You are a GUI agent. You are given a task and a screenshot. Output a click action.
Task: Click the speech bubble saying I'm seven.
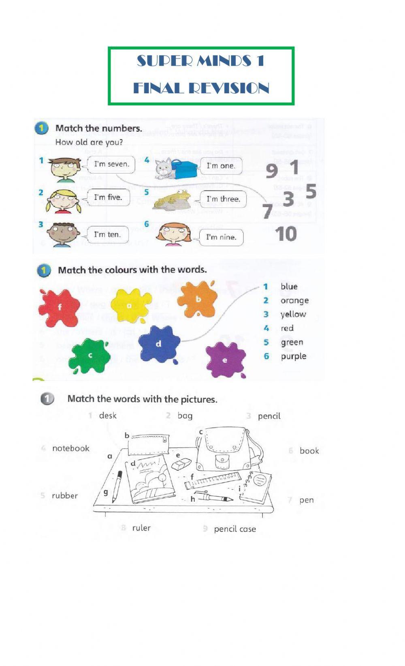coord(111,164)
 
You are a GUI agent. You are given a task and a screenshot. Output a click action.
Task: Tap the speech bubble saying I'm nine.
coord(221,237)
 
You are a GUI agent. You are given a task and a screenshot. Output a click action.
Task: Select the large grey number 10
coord(286,234)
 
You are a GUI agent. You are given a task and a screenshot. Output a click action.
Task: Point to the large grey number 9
coord(272,171)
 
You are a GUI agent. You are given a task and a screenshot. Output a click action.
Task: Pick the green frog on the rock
coord(172,199)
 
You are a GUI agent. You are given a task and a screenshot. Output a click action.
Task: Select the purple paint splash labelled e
coord(225,360)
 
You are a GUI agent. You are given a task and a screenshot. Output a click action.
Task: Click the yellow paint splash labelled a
coord(130,305)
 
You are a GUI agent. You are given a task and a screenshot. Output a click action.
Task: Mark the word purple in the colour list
coord(294,356)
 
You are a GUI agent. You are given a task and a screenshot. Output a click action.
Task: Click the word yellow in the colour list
coord(293,314)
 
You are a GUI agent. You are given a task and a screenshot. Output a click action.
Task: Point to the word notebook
coord(71,448)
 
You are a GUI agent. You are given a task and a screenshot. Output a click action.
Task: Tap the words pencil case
coord(235,529)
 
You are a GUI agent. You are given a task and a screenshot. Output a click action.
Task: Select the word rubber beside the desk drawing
coord(65,496)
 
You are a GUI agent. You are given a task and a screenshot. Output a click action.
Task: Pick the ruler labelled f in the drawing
coord(212,480)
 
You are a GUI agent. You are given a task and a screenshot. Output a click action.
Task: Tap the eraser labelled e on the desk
coord(181,464)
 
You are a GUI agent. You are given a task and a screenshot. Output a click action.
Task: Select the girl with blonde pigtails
coord(64,200)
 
